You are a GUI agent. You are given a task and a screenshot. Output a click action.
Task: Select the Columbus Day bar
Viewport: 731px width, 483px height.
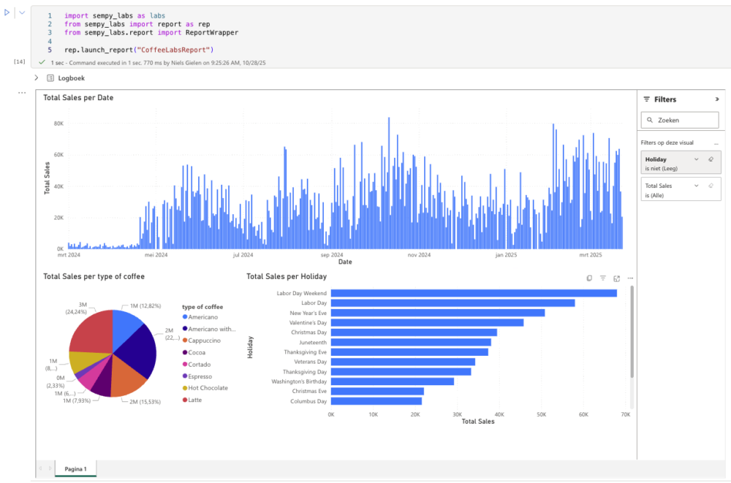coord(376,401)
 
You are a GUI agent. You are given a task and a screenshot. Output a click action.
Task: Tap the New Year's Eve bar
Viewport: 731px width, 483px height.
coord(438,313)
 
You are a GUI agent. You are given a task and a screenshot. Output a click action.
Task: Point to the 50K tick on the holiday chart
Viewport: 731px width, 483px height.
coord(542,414)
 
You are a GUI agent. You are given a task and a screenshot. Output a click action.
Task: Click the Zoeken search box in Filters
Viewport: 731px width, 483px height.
coord(680,120)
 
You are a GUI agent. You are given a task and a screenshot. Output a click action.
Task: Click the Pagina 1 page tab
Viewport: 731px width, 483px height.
coord(75,468)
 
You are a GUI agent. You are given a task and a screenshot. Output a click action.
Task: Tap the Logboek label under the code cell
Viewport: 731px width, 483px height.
coord(72,77)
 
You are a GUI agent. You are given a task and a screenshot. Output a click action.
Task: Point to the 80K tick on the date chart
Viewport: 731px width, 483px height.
coord(58,123)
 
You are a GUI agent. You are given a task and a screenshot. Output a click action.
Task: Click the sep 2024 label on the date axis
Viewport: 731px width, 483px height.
coord(332,255)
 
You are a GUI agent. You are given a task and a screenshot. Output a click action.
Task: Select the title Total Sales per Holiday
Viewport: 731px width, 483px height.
coord(287,277)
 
